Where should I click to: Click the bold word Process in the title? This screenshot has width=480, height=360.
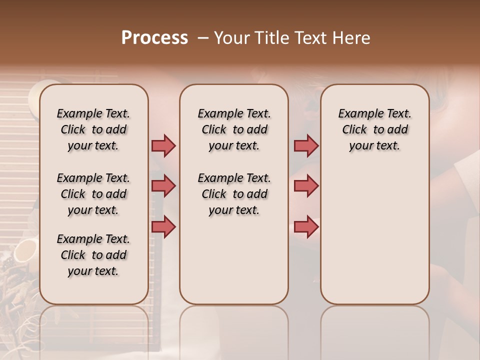(x=154, y=38)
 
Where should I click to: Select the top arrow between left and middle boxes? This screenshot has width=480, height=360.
(x=163, y=145)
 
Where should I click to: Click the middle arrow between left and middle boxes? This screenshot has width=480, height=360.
(x=163, y=186)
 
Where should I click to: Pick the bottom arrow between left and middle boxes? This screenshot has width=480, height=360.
(x=163, y=226)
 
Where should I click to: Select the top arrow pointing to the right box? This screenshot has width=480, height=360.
(x=306, y=145)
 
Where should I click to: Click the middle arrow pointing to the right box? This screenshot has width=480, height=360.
(x=306, y=186)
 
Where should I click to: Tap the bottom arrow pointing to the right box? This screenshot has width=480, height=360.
(x=306, y=226)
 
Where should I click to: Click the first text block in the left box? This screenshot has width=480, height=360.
(x=93, y=129)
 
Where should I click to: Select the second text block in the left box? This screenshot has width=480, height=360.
(x=93, y=194)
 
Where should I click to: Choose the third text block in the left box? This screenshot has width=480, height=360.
(x=93, y=255)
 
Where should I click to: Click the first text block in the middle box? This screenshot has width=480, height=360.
(x=234, y=129)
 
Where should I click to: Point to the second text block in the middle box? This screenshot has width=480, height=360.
(x=234, y=194)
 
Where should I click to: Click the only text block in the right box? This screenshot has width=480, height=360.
(x=374, y=129)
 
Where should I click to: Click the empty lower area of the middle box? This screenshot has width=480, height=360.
(x=234, y=260)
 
